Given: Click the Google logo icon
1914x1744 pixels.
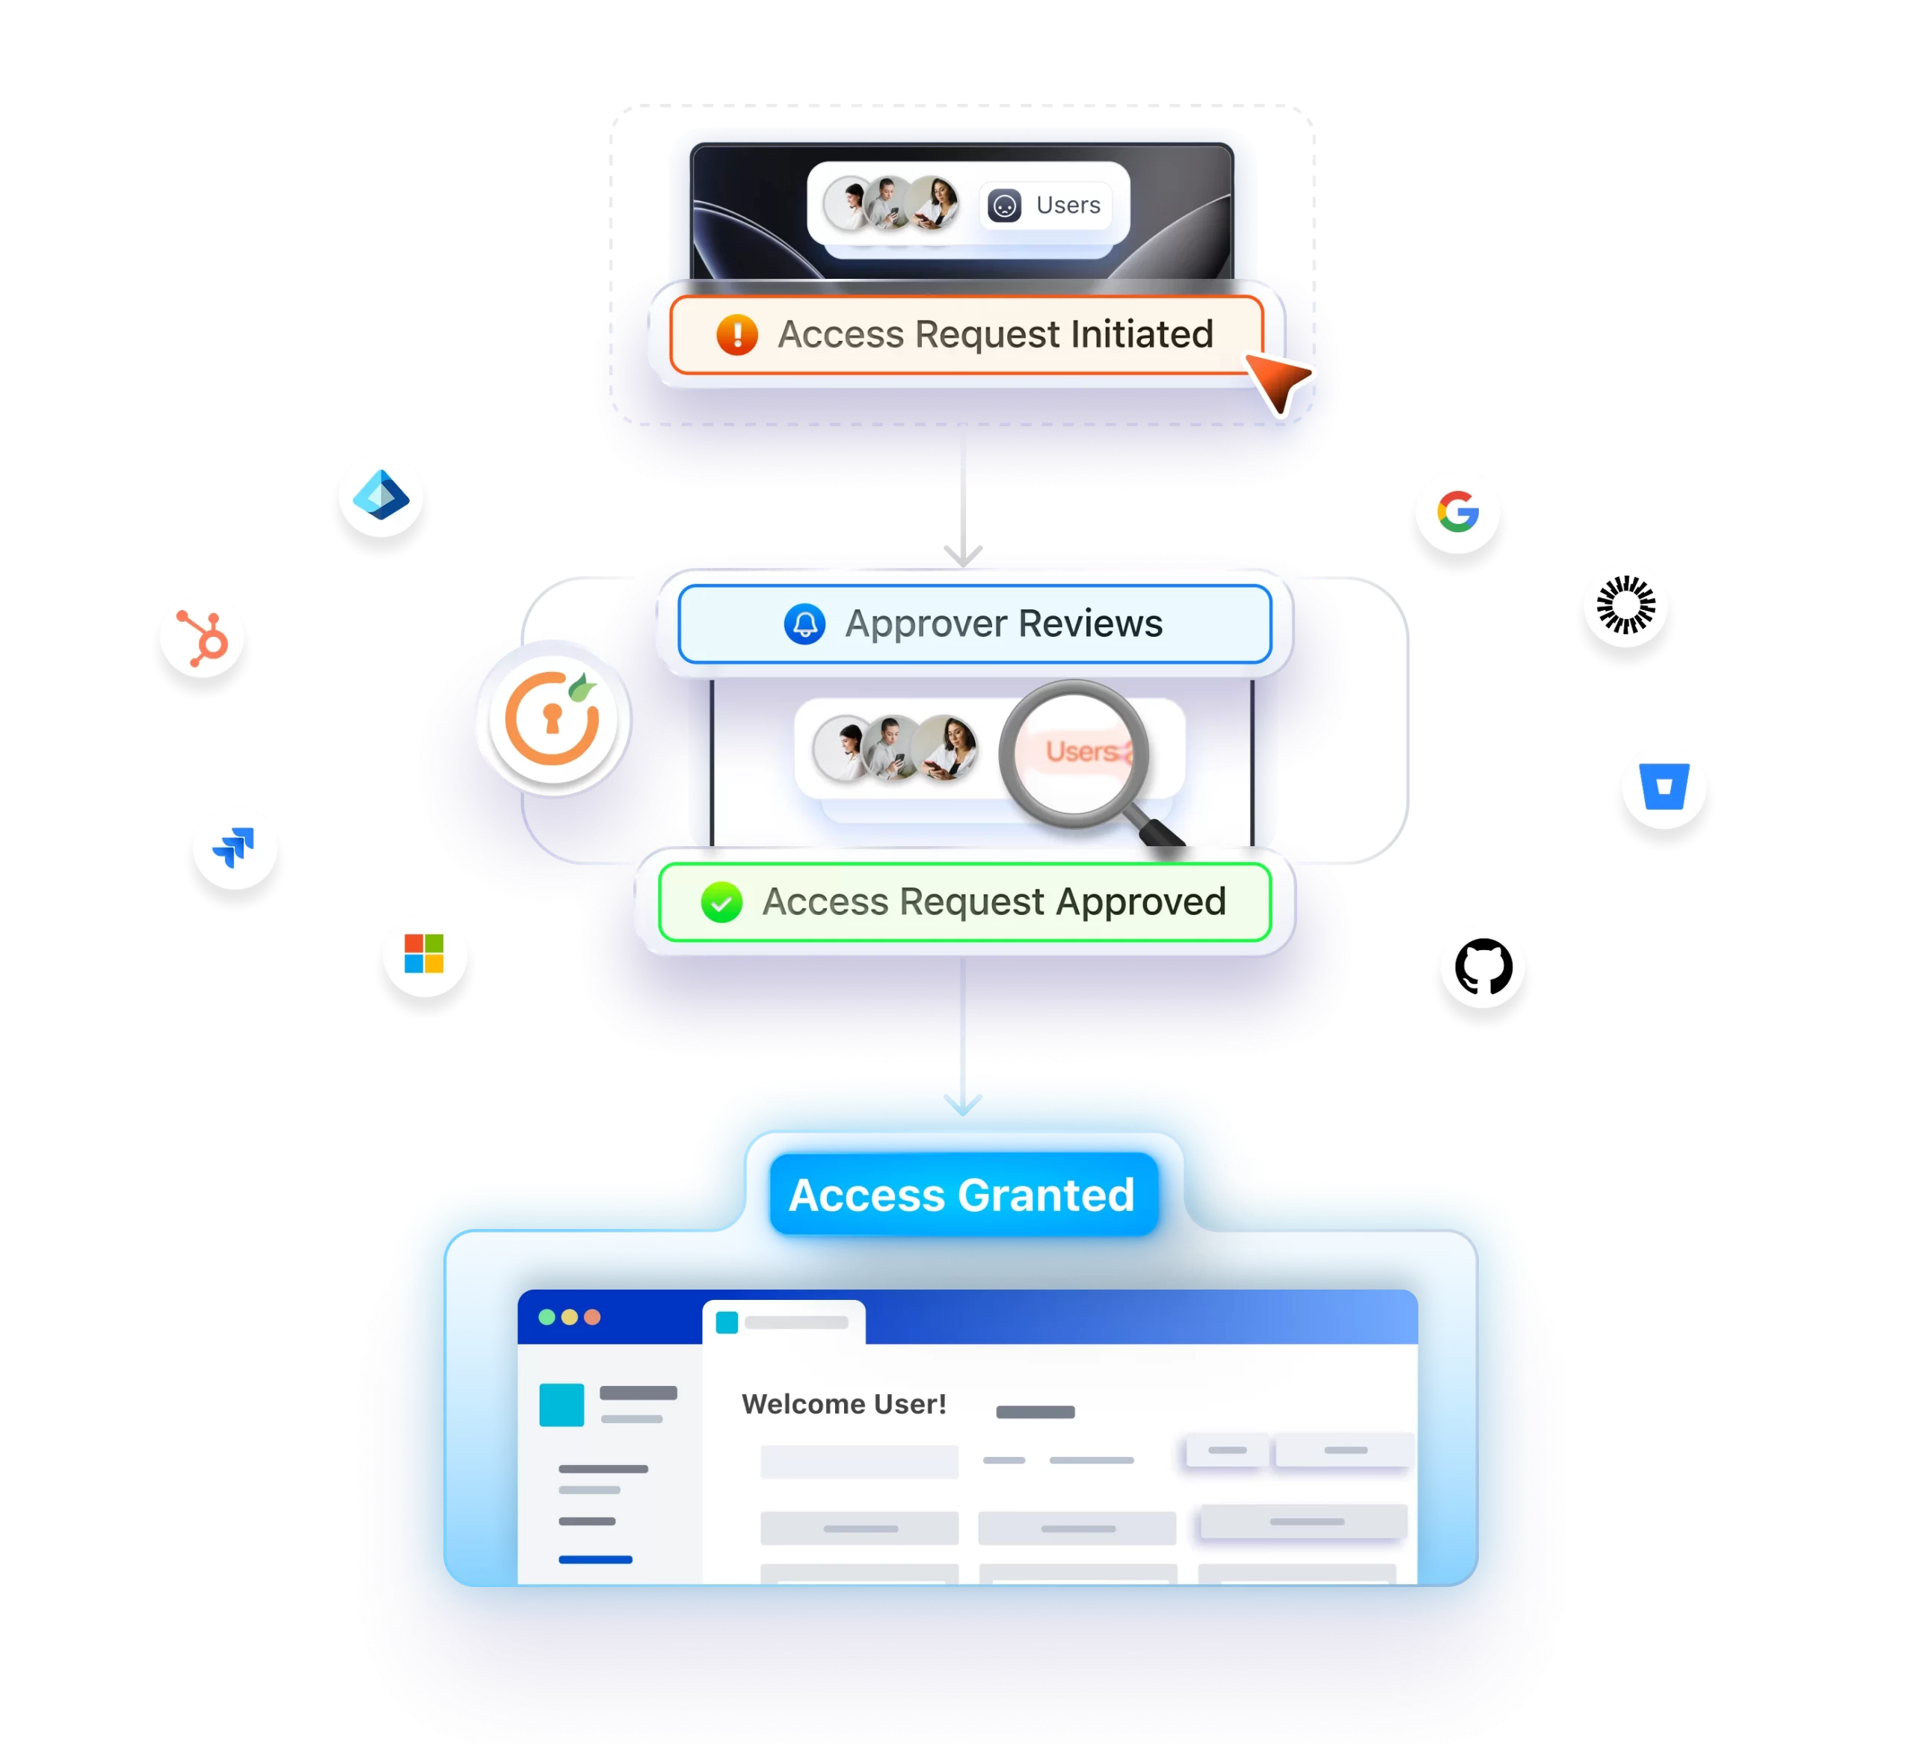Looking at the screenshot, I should coord(1457,512).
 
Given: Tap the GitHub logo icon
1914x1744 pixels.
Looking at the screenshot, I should coord(1483,967).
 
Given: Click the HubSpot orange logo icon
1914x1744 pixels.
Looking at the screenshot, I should coord(202,635).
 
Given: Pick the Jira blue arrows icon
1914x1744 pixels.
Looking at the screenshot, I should coord(235,846).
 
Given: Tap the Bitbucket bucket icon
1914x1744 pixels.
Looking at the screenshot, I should coord(1664,786).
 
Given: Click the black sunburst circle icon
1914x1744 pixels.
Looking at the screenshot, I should coord(1625,605).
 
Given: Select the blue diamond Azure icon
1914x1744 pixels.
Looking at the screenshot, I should coord(381,496).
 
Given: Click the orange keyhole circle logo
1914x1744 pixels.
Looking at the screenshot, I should coord(553,718).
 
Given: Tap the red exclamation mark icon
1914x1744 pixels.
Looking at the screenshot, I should coord(736,335).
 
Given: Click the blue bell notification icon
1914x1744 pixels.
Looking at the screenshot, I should coord(804,623).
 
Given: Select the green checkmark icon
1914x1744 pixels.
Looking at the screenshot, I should coord(721,902).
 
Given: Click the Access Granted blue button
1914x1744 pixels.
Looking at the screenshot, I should coord(961,1195).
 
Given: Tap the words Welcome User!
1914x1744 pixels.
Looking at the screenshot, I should coord(844,1403).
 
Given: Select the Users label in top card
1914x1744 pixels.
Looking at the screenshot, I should coord(1068,205).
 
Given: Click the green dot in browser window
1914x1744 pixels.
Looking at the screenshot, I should coord(547,1316).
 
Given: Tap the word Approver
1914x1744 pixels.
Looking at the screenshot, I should coord(926,623).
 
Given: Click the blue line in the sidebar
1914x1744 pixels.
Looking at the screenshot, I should coord(595,1559).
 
